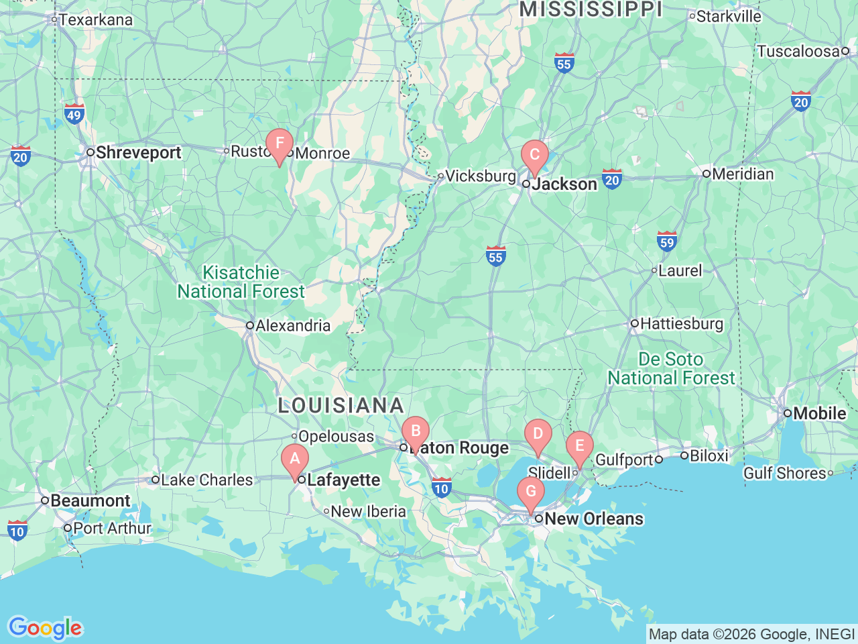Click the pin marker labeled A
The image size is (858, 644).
[294, 460]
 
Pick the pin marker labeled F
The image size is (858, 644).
[280, 144]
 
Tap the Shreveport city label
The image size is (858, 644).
[137, 153]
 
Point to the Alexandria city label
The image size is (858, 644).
[292, 326]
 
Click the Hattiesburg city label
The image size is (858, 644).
[681, 324]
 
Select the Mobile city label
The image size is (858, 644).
[818, 413]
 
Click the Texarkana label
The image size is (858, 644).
[95, 20]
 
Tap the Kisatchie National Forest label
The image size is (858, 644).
[241, 282]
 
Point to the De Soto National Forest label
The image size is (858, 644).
[671, 369]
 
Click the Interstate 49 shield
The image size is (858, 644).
[74, 113]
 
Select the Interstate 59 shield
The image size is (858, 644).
[666, 241]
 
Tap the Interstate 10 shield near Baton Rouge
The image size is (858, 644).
[440, 488]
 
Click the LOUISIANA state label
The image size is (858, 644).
[341, 406]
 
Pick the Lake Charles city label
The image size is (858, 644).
[206, 480]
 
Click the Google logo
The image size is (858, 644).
[44, 628]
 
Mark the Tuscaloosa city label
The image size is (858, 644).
[798, 52]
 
